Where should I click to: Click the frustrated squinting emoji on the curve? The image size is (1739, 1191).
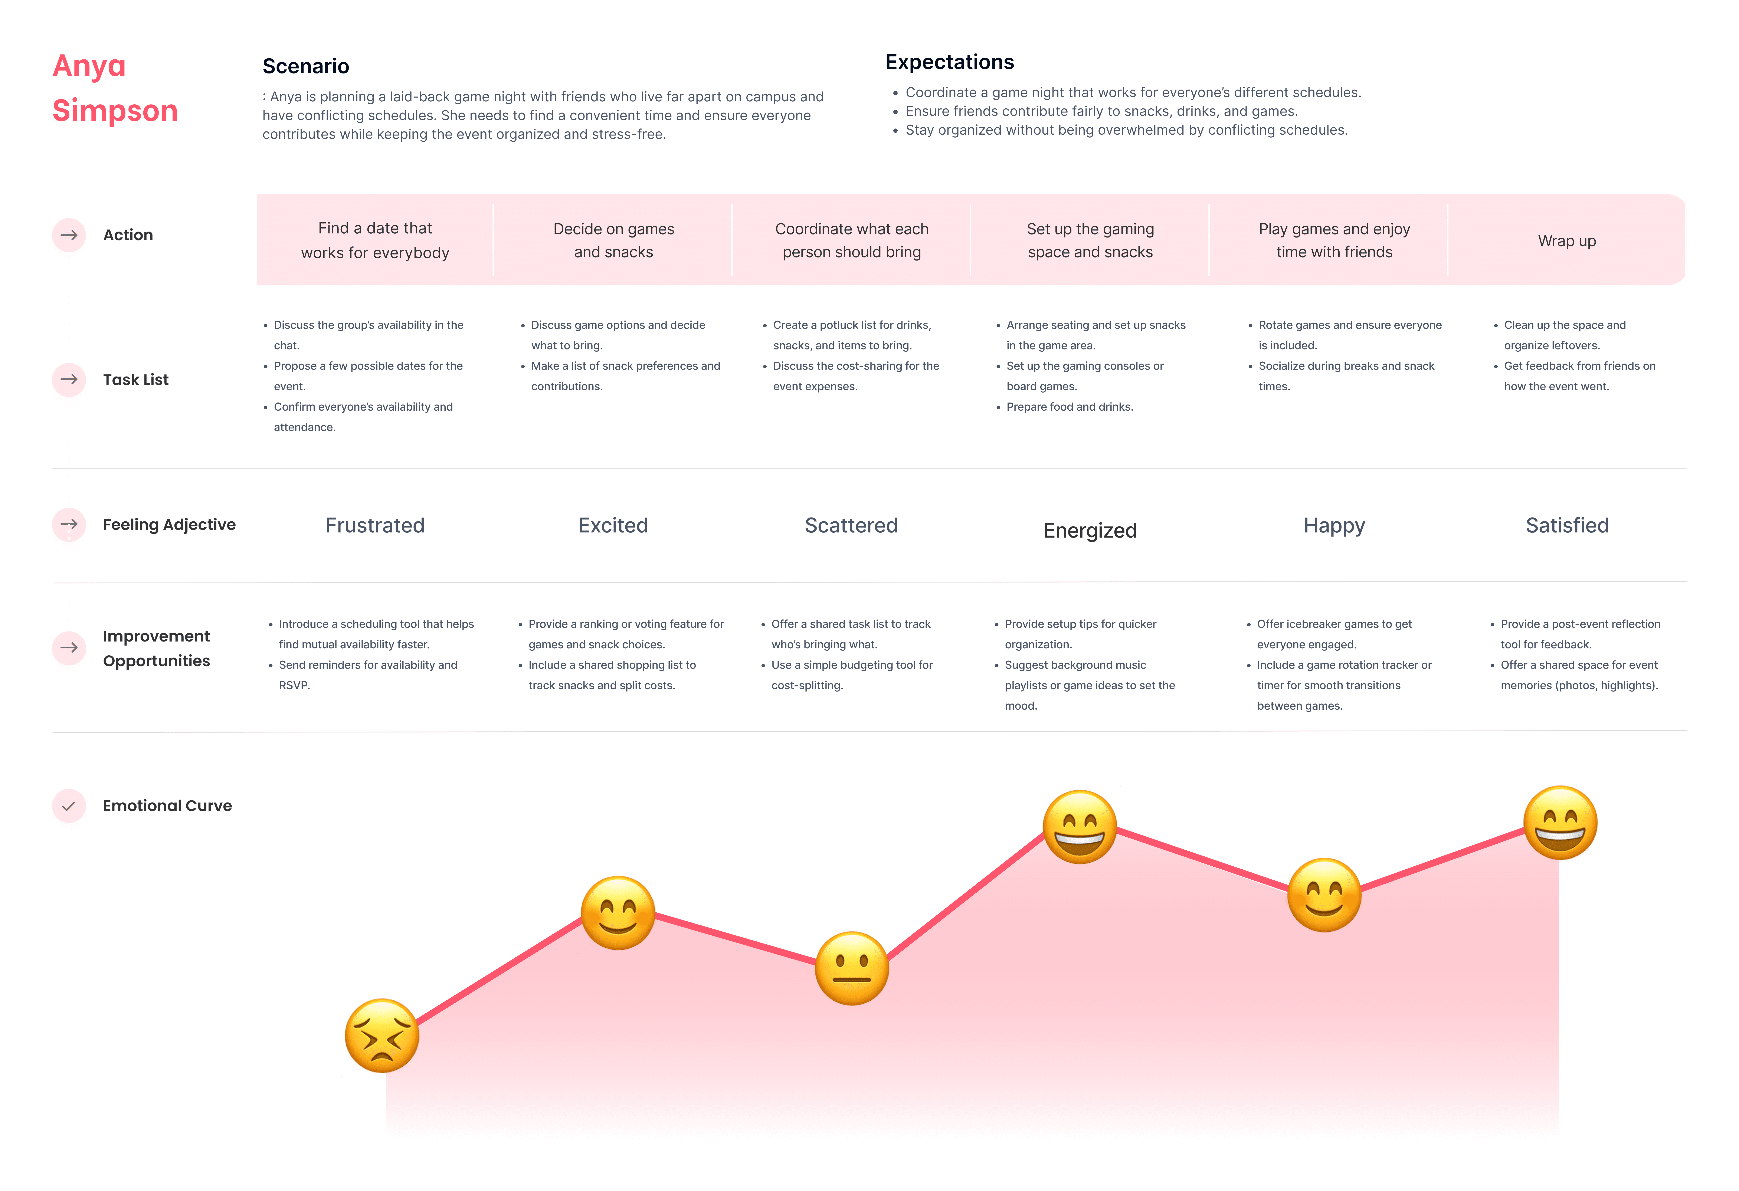click(x=382, y=1035)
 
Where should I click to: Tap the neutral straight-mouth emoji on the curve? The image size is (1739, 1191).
click(x=852, y=968)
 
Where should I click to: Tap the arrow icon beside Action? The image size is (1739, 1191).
click(x=69, y=235)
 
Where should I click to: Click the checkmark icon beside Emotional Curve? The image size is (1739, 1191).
click(x=69, y=806)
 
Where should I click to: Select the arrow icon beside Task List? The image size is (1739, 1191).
click(x=69, y=379)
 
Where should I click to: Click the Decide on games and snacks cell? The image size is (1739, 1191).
click(x=614, y=240)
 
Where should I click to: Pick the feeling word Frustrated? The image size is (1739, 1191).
click(x=375, y=525)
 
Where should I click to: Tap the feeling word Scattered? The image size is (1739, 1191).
click(x=852, y=525)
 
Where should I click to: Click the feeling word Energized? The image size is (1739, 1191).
click(x=1090, y=530)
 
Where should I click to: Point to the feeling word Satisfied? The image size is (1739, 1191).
click(x=1567, y=525)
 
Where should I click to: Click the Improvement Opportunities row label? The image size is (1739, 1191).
click(x=156, y=648)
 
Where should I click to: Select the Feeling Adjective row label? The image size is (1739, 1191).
click(x=169, y=524)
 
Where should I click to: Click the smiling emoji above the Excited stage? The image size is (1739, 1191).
click(x=618, y=913)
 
